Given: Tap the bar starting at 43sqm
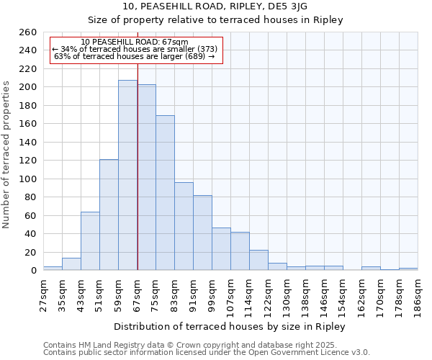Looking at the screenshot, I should coord(90,241).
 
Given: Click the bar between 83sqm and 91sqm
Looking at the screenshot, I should coord(184,226).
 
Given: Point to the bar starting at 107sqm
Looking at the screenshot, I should coord(240,251).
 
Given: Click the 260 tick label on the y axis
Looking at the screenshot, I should coord(27,32).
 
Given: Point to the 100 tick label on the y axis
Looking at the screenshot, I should coord(27,179).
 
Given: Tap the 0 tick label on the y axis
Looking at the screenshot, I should coord(33,271).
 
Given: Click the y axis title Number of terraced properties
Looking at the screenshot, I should coord(7,154).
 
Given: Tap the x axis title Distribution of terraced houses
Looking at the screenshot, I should coord(230,327).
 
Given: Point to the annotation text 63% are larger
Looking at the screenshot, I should coord(135,56).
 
